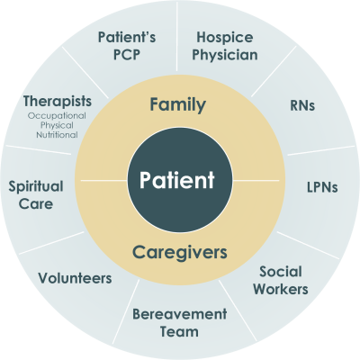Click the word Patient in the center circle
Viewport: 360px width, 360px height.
coord(177,180)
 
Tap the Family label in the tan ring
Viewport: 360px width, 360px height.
coord(178,105)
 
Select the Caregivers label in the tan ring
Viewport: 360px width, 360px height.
coord(180,253)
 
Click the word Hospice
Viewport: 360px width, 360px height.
coord(225,38)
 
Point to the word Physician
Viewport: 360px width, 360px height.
coord(225,55)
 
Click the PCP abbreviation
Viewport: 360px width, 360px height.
coord(127,55)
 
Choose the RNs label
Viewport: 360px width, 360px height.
coord(302,105)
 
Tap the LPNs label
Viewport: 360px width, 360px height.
coord(322,187)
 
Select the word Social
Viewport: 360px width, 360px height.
coord(281,272)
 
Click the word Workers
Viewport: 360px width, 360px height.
coord(281,289)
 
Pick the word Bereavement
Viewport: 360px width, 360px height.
coord(180,314)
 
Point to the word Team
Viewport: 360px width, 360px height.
coord(179,332)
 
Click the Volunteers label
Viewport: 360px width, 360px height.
coord(75,278)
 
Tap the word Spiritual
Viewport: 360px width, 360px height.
coord(36,187)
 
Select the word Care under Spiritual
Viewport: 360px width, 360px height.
coord(36,204)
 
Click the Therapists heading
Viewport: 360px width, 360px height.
coord(58,102)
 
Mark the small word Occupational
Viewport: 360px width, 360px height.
coord(57,116)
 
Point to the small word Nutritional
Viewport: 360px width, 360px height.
coord(57,135)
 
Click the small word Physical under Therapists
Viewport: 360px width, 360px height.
coord(57,126)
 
